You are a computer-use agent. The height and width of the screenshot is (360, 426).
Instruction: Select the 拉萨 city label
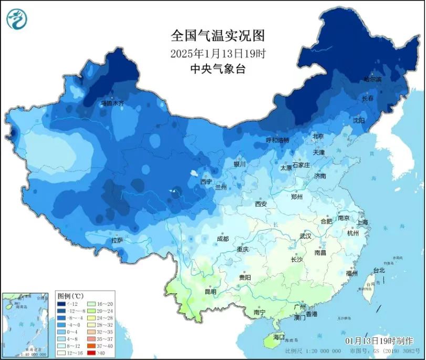pos(117,240)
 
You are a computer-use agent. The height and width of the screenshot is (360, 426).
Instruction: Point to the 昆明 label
pos(209,291)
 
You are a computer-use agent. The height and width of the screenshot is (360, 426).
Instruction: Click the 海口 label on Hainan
pos(278,336)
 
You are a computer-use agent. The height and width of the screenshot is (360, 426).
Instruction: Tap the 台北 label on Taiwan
pos(378,270)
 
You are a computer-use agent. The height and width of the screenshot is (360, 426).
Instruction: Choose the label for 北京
pos(318,136)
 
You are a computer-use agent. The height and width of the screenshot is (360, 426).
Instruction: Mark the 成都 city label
pos(222,239)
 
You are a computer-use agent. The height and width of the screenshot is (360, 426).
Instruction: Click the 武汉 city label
pos(305,236)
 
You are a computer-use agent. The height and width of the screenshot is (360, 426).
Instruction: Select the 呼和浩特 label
pos(277,140)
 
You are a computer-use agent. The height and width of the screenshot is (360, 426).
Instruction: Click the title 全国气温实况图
pos(217,36)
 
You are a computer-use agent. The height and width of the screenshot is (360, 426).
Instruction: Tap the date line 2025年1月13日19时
pos(217,53)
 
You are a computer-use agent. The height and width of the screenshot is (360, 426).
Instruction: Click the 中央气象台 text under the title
pos(217,69)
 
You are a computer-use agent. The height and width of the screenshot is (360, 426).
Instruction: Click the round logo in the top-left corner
pos(17,19)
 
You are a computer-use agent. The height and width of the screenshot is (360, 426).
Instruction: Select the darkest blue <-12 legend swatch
pos(61,304)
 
